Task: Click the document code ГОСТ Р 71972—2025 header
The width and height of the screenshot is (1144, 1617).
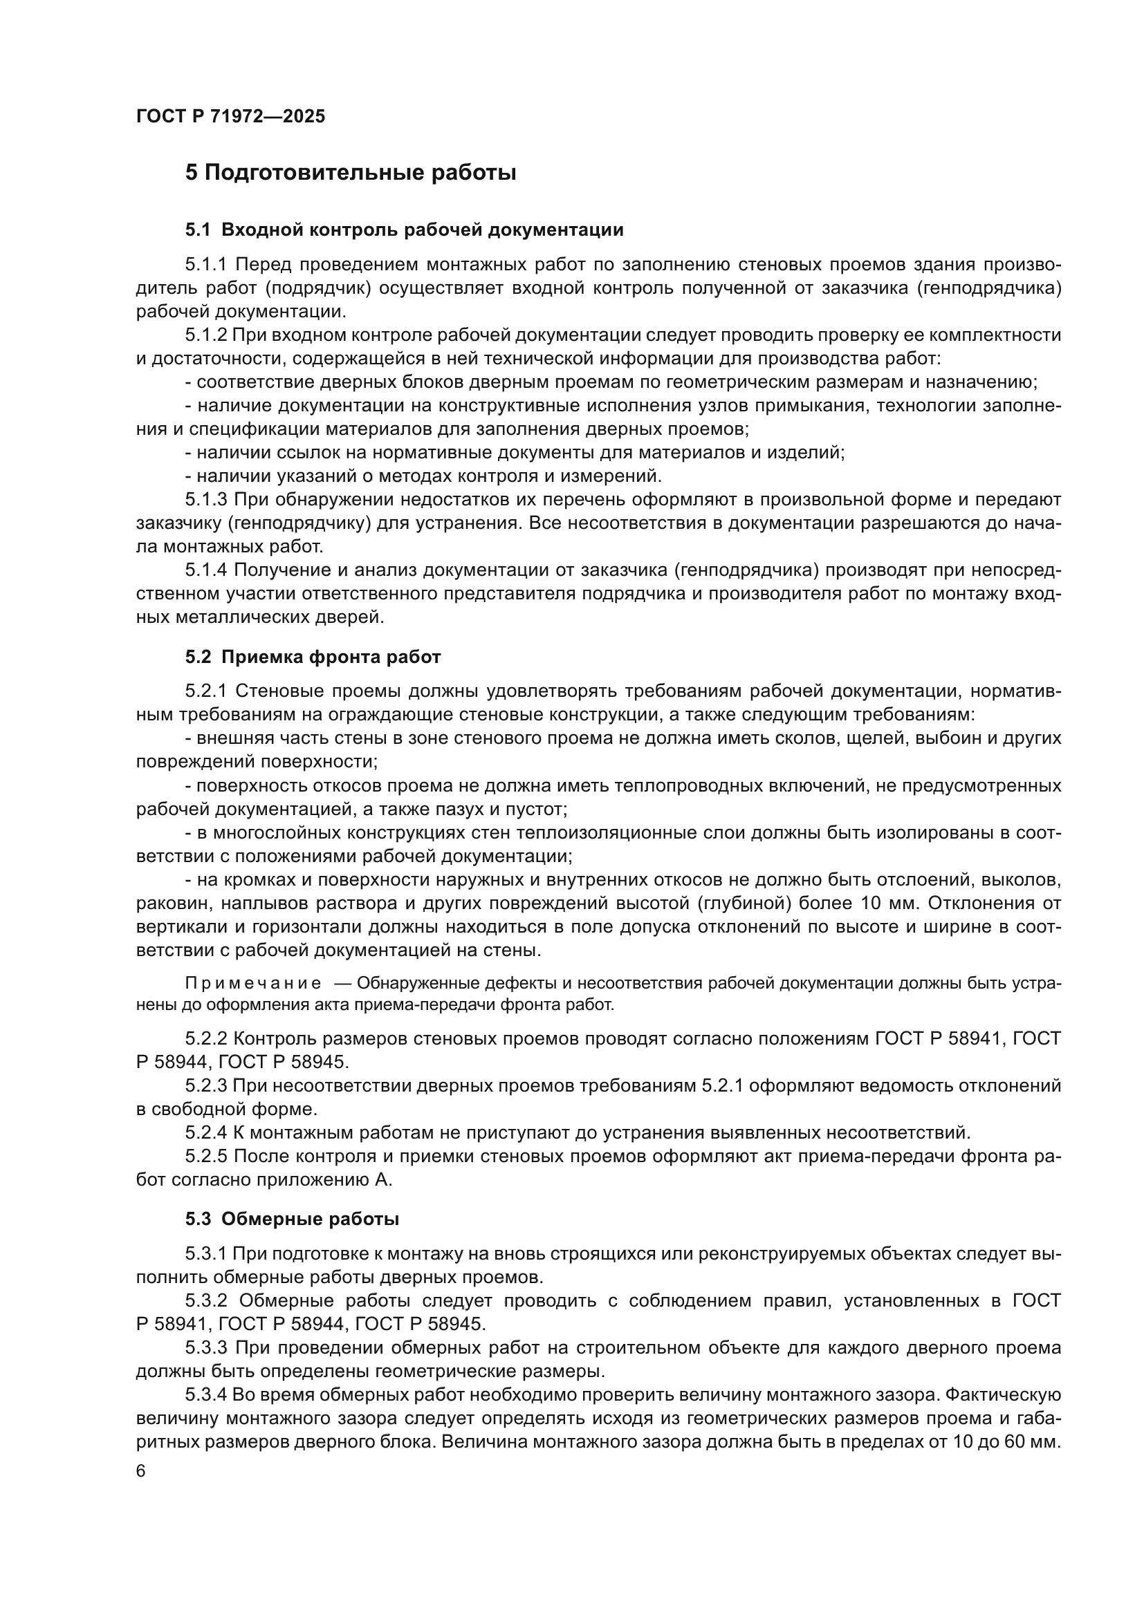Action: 230,116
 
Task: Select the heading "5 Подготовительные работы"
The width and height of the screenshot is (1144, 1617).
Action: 350,173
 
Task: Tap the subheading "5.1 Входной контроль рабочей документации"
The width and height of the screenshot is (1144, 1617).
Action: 405,230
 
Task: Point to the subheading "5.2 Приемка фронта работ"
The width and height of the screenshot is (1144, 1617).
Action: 313,656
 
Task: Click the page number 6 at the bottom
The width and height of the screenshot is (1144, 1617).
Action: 141,1471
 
